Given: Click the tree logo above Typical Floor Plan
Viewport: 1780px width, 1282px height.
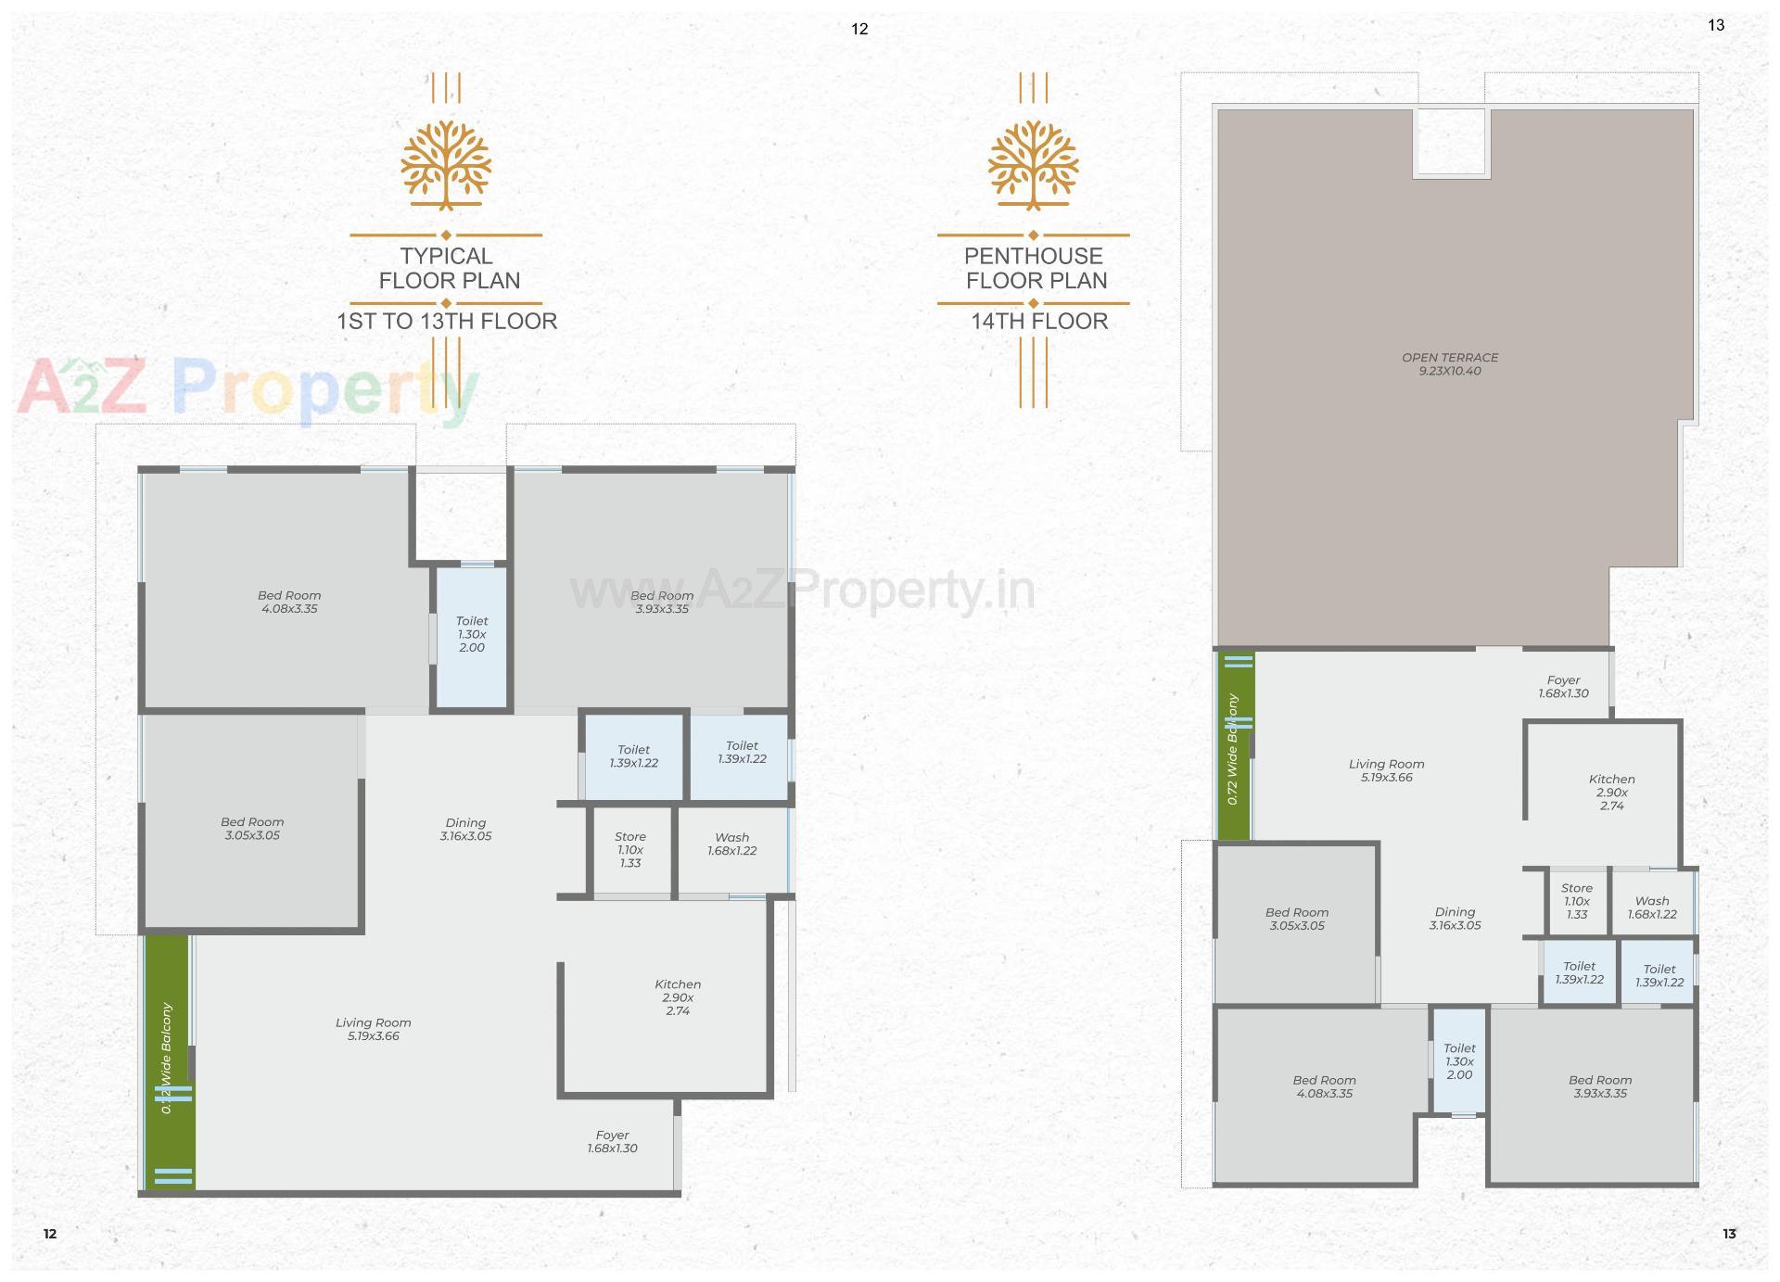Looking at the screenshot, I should pyautogui.click(x=446, y=164).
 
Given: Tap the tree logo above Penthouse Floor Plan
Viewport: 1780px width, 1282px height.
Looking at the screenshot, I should pyautogui.click(x=1033, y=164).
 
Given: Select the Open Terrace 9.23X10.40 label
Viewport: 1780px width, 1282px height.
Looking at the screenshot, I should pyautogui.click(x=1450, y=364).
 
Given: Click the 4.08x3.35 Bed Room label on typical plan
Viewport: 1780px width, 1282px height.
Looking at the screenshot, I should pyautogui.click(x=289, y=603).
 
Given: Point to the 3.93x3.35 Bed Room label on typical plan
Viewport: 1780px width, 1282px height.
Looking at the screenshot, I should pyautogui.click(x=662, y=603).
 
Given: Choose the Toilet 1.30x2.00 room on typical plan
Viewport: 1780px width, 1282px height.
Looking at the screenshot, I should pyautogui.click(x=472, y=635).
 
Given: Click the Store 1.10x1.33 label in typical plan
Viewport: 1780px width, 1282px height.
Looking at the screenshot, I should pyautogui.click(x=630, y=849).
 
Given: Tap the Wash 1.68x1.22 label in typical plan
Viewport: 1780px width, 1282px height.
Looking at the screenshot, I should pyautogui.click(x=732, y=844).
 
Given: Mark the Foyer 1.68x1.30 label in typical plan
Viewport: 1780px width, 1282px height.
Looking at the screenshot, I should pyautogui.click(x=612, y=1141).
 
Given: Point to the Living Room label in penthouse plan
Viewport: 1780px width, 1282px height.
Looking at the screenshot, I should pyautogui.click(x=1386, y=770).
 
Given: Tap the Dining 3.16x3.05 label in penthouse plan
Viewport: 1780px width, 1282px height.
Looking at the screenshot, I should pyautogui.click(x=1455, y=919).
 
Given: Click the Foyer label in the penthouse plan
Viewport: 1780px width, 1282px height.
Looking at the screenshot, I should pyautogui.click(x=1563, y=687).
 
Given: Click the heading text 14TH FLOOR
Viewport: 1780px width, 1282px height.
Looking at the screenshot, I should pyautogui.click(x=1039, y=322).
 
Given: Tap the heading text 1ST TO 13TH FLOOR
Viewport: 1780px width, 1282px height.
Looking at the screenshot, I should pyautogui.click(x=447, y=322).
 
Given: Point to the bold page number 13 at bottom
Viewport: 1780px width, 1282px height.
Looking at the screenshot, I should pyautogui.click(x=1729, y=1234).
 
